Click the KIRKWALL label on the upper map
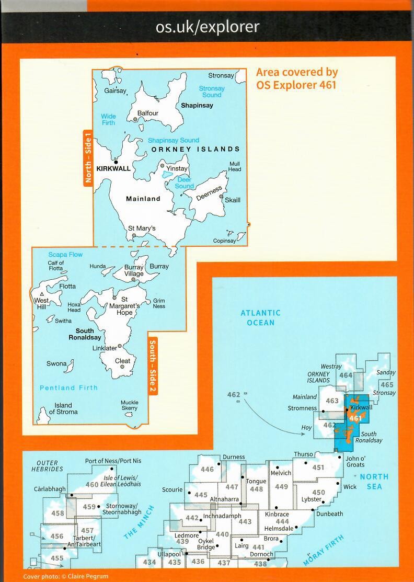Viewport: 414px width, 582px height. click(x=113, y=169)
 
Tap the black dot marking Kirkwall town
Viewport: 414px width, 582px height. click(x=116, y=162)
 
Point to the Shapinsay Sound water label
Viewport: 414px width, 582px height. click(x=173, y=140)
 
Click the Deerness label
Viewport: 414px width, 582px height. click(x=209, y=192)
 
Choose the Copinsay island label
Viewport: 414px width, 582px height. click(x=224, y=241)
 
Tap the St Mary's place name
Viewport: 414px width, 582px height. click(x=142, y=229)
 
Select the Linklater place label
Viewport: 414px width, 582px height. click(x=105, y=348)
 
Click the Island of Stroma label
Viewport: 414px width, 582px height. click(x=63, y=408)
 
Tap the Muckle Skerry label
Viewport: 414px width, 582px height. click(x=130, y=405)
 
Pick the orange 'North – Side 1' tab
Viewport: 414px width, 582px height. click(x=87, y=158)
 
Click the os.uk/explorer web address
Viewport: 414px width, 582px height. click(x=207, y=27)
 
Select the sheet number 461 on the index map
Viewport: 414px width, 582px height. click(x=355, y=418)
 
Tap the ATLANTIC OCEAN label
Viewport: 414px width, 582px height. click(x=260, y=317)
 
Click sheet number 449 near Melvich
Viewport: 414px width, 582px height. click(x=281, y=487)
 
